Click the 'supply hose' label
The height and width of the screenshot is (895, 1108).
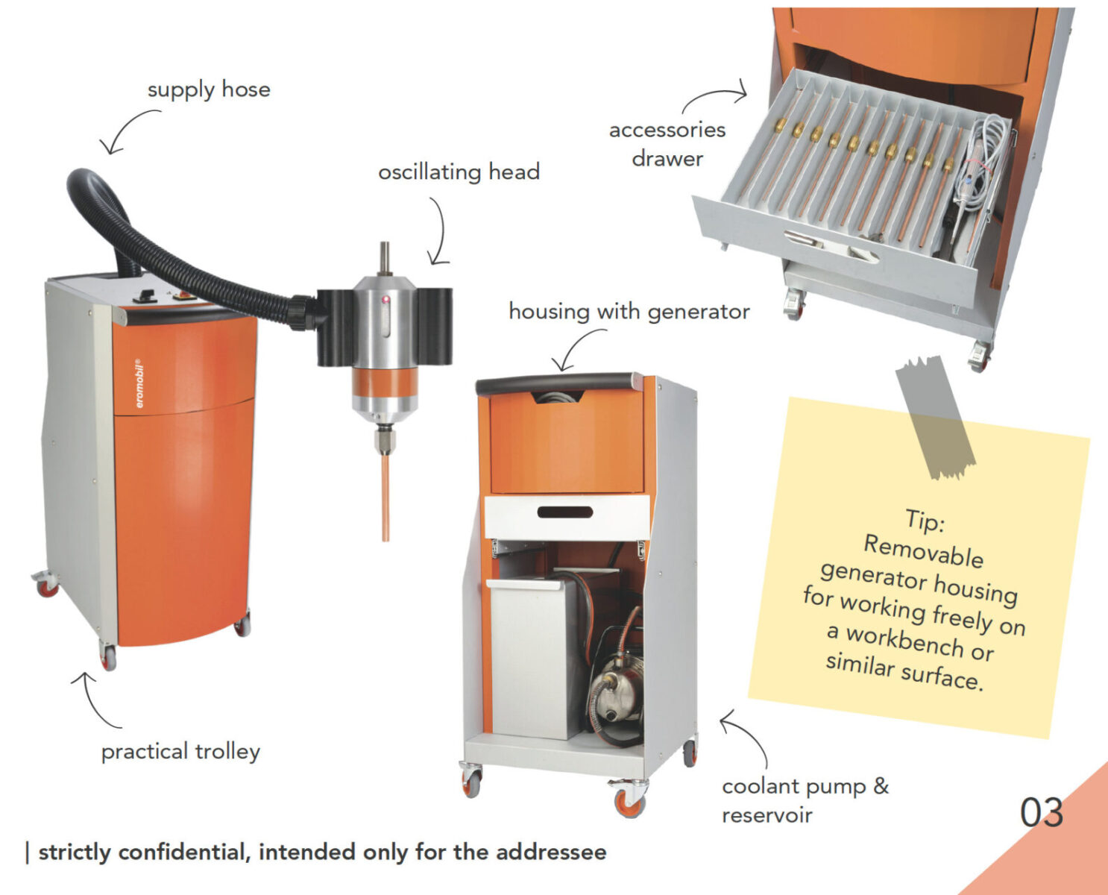coord(209,90)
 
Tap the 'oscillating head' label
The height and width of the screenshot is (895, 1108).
coord(459,172)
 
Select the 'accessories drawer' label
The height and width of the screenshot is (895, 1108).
coord(667,144)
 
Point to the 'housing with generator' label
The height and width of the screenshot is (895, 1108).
coord(629,312)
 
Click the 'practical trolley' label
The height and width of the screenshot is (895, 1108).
coord(180,752)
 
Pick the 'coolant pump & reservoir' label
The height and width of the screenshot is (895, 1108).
coord(805,800)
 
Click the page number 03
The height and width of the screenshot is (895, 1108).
coord(1042,812)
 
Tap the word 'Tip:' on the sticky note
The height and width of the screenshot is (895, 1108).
coord(925,520)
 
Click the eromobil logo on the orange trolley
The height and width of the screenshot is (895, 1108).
coord(139,383)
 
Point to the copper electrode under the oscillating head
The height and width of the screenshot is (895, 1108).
coord(385,498)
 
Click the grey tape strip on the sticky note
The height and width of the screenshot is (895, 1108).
coord(935,417)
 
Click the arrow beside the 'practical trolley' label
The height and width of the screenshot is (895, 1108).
coord(89,700)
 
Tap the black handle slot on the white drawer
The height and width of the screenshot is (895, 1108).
coord(565,512)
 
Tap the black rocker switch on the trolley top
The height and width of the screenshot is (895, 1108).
coord(145,296)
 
